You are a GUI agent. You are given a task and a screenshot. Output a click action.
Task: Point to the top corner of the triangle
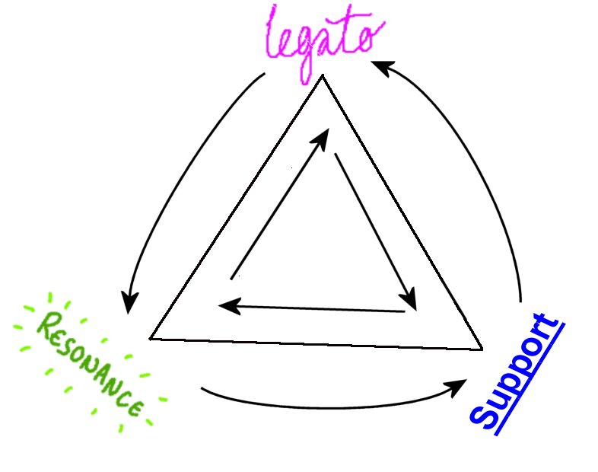323,76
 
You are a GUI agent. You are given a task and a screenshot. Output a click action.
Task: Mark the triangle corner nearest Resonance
151,337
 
